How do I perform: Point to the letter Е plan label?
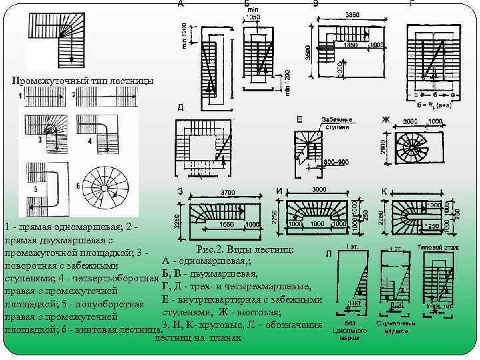(299, 119)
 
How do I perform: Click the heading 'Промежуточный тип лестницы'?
(83, 81)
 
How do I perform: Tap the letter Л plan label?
(329, 254)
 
